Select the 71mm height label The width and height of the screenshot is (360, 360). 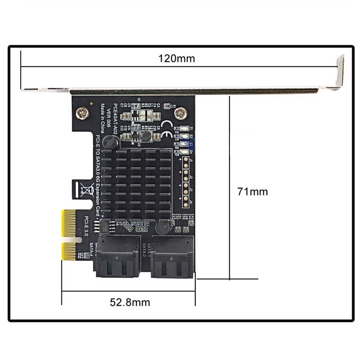pos(252,192)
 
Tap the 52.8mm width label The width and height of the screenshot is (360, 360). pos(130,302)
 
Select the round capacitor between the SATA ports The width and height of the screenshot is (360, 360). pos(161,228)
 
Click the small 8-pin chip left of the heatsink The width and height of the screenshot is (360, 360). pos(103,223)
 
